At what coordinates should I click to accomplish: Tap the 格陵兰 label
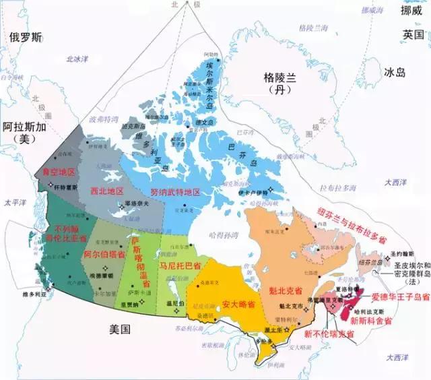279,80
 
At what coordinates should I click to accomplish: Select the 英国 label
412,34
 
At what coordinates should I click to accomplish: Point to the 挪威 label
412,11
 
